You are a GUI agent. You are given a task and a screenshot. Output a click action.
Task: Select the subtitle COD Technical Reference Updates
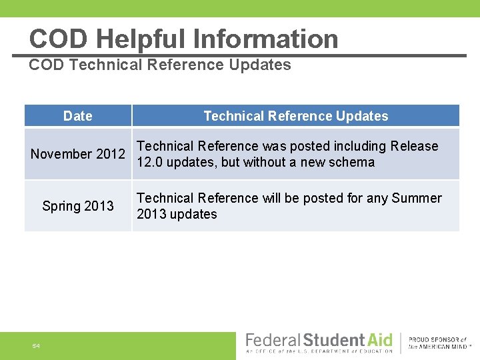[x=160, y=65]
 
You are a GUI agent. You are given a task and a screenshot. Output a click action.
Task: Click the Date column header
[x=78, y=116]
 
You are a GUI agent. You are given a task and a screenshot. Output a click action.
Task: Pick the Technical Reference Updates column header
[x=295, y=116]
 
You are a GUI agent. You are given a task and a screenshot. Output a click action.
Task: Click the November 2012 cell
[x=78, y=154]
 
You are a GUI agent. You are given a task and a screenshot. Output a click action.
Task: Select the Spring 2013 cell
[x=78, y=206]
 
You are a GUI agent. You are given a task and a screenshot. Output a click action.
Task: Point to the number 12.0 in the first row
[x=149, y=162]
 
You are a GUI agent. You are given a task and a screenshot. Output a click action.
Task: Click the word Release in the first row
[x=415, y=146]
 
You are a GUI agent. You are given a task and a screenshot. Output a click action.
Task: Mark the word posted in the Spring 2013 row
[x=324, y=198]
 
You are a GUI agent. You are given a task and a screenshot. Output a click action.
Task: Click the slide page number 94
[x=36, y=345]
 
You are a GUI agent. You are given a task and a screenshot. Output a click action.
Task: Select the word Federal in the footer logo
[x=273, y=340]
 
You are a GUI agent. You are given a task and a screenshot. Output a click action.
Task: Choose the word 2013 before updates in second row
[x=150, y=214]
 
